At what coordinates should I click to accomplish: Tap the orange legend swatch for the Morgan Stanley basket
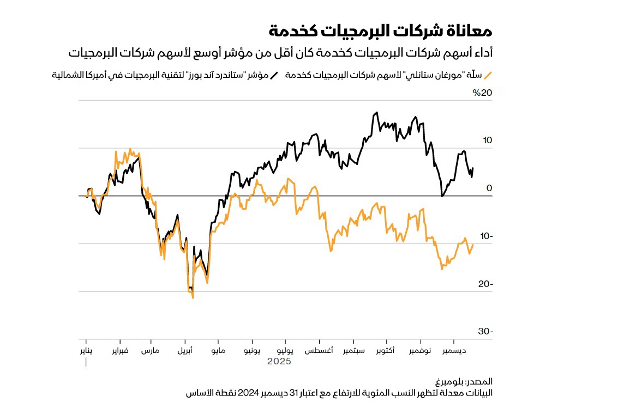click(489, 76)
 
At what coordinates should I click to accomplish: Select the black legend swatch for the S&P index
click(274, 76)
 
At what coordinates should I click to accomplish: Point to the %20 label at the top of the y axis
click(482, 93)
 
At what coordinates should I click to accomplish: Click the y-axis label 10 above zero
click(487, 141)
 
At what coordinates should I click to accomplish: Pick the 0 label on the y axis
click(489, 188)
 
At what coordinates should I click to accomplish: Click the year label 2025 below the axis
click(279, 361)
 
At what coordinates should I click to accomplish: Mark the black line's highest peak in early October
click(376, 113)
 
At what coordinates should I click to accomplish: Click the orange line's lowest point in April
click(193, 297)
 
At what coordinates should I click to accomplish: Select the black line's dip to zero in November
click(442, 196)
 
